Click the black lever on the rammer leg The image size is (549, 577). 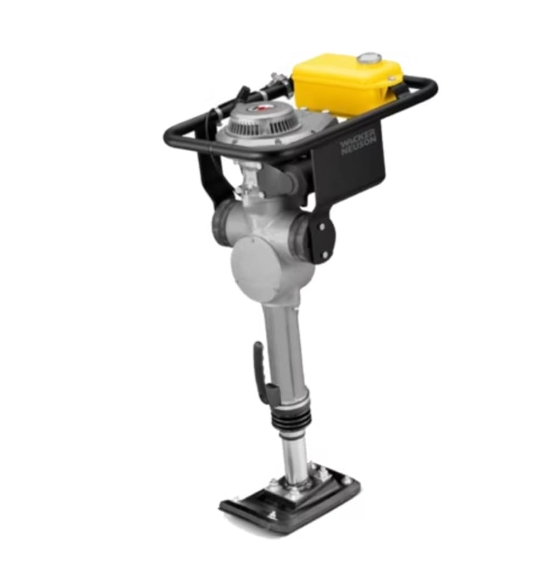point(259,372)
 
